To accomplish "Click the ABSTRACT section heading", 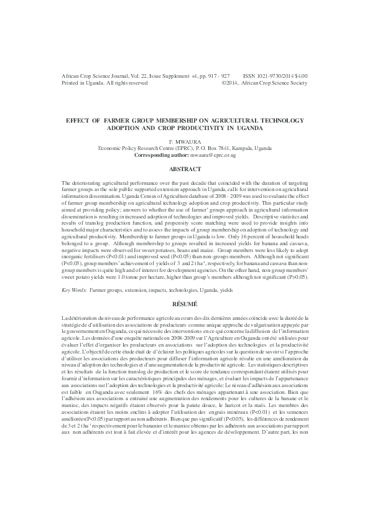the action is [185, 169].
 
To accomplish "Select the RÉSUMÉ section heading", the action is [185, 304].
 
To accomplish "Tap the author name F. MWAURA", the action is [185, 143].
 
